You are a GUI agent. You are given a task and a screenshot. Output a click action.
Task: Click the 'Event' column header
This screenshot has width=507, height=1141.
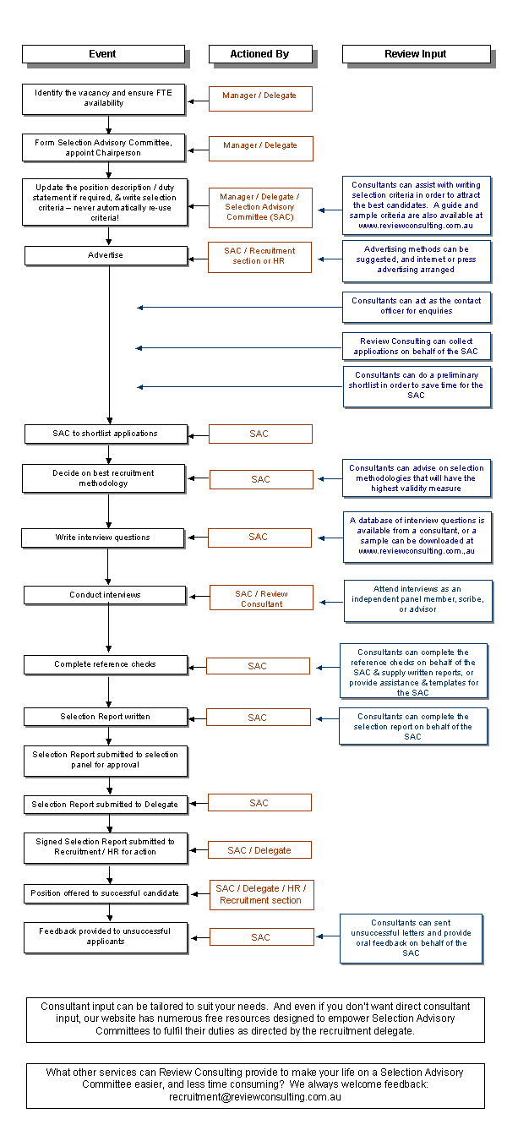pos(102,54)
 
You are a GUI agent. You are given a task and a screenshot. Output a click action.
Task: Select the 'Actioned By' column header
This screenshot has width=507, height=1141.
pos(259,54)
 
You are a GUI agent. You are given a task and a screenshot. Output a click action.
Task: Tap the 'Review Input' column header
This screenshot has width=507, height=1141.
pos(415,54)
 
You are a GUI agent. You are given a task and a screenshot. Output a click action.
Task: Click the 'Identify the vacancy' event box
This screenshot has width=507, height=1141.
pos(103,98)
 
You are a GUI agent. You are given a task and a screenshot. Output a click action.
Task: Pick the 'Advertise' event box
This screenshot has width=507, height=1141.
pos(106,255)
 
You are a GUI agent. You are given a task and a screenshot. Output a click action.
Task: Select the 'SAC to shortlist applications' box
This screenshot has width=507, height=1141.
pos(105,434)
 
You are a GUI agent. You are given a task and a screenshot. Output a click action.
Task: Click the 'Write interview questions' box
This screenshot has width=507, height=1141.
pos(103,538)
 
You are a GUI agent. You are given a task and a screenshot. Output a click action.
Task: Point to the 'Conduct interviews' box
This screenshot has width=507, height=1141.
pos(105,595)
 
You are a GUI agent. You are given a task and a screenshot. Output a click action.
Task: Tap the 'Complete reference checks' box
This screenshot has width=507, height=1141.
pos(105,664)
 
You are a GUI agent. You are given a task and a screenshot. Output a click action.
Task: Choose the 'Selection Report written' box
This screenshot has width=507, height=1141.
pos(105,717)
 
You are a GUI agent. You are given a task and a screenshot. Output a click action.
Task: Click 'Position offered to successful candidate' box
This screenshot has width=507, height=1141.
pos(105,893)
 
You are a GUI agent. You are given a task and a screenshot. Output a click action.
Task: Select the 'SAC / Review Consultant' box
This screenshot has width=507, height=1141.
pos(261,598)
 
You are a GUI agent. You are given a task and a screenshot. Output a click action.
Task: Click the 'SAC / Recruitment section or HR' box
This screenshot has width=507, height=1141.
pos(259,256)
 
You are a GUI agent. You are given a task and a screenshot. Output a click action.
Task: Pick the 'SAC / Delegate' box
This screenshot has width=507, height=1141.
pos(259,850)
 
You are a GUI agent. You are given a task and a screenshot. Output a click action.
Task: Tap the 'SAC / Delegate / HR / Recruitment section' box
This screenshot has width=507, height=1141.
pos(261,895)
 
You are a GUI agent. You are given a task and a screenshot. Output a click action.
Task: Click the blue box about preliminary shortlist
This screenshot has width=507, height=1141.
pos(416,385)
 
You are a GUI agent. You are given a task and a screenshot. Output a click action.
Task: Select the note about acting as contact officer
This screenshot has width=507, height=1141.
pos(416,306)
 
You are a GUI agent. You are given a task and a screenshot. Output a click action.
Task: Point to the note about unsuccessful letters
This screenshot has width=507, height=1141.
pos(412,938)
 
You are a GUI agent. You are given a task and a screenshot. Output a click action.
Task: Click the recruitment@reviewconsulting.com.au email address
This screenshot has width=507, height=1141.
pos(255,1096)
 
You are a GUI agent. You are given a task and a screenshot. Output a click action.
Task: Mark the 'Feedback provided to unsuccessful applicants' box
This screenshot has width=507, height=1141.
pos(105,936)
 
